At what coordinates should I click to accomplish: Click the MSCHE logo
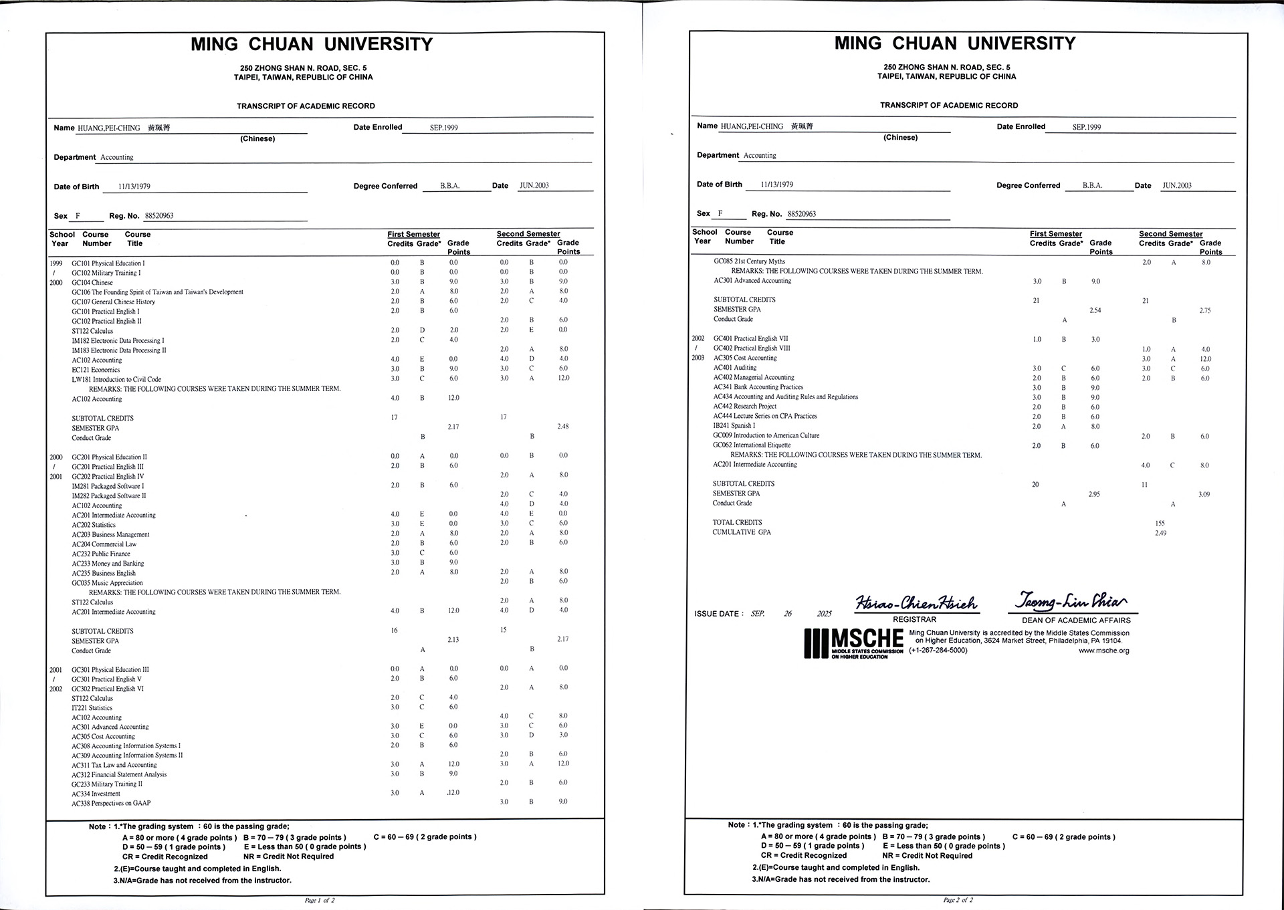tap(854, 643)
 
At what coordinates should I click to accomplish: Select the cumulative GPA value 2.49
tap(1160, 533)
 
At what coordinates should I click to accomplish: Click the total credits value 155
tap(1160, 523)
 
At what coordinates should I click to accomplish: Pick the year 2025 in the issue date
tap(824, 614)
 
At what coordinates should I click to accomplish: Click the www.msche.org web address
tap(1103, 651)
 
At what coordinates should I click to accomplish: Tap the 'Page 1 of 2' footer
tap(320, 900)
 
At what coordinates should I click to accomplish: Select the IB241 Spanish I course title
tap(734, 425)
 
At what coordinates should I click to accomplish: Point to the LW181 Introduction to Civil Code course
tap(116, 379)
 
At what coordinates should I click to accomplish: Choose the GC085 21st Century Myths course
tap(749, 261)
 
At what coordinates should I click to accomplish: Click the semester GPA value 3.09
tap(1204, 494)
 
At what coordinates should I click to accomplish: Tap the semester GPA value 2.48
tap(563, 427)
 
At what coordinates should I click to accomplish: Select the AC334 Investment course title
tap(96, 794)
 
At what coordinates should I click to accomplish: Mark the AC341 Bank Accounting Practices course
tap(758, 387)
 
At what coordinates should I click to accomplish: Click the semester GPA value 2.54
tap(1095, 310)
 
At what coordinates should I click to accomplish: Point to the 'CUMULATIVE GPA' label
tap(742, 532)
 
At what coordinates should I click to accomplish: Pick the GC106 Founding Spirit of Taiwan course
tap(157, 292)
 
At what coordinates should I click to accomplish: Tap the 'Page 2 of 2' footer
tap(958, 900)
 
